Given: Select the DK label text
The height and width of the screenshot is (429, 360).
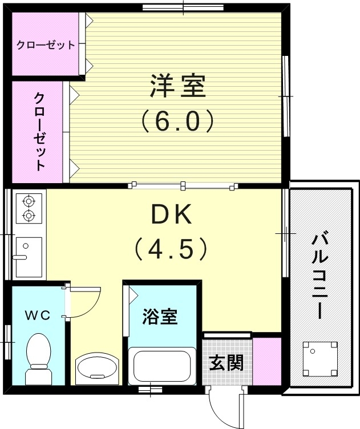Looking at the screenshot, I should tap(169, 215).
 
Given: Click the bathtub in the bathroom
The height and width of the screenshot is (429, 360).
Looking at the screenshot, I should tap(160, 366).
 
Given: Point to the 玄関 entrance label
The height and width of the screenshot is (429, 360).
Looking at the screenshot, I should tap(226, 363).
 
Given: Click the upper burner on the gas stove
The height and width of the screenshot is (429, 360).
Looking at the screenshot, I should tap(27, 200).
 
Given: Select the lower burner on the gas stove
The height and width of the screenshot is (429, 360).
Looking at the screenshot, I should tap(27, 215).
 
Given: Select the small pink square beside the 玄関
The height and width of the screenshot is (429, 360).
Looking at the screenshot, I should tap(267, 362).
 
